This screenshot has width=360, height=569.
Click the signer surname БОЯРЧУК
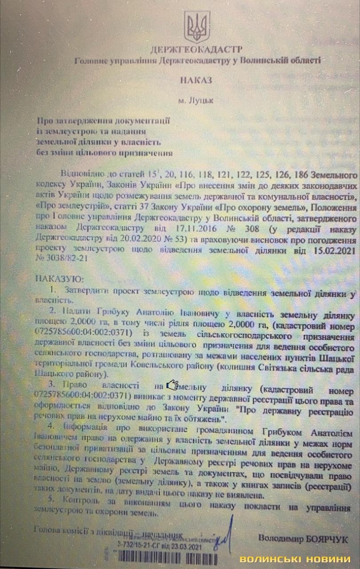tap(328, 539)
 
